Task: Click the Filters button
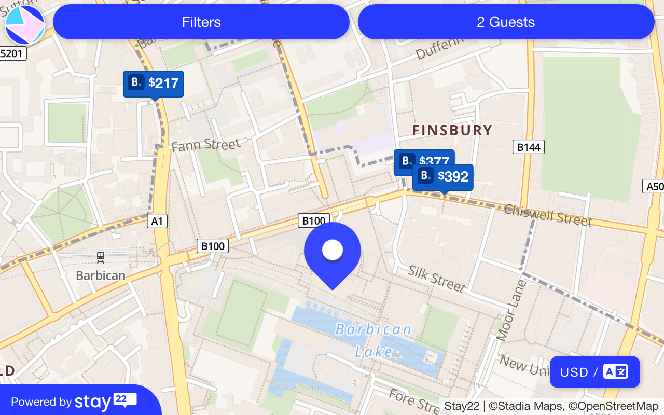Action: [201, 22]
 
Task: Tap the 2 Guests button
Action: [506, 22]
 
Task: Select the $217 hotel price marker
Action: [154, 83]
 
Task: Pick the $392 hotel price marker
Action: [443, 177]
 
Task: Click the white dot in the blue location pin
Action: [333, 250]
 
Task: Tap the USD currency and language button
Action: [594, 372]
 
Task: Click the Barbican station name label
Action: [101, 275]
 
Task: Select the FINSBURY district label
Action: [452, 130]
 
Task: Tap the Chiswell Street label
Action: [548, 215]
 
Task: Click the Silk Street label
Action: [436, 279]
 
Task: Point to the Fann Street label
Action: [206, 145]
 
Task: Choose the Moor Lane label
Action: [511, 310]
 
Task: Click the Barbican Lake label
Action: [374, 340]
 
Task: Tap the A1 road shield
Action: [157, 222]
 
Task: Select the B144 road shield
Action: [529, 147]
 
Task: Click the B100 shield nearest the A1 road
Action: [213, 246]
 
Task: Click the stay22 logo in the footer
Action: [105, 402]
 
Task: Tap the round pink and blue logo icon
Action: [25, 25]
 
